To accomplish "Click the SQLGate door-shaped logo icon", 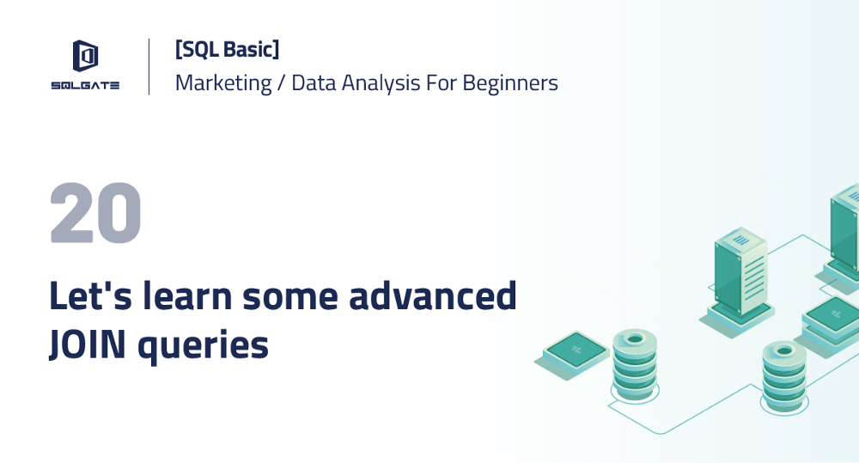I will [84, 57].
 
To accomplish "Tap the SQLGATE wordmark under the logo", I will [84, 85].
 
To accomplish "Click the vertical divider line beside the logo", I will [149, 66].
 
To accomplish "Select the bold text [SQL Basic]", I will [227, 50].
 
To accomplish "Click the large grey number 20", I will [95, 214].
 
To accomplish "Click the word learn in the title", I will [184, 295].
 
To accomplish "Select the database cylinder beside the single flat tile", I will [635, 361].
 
